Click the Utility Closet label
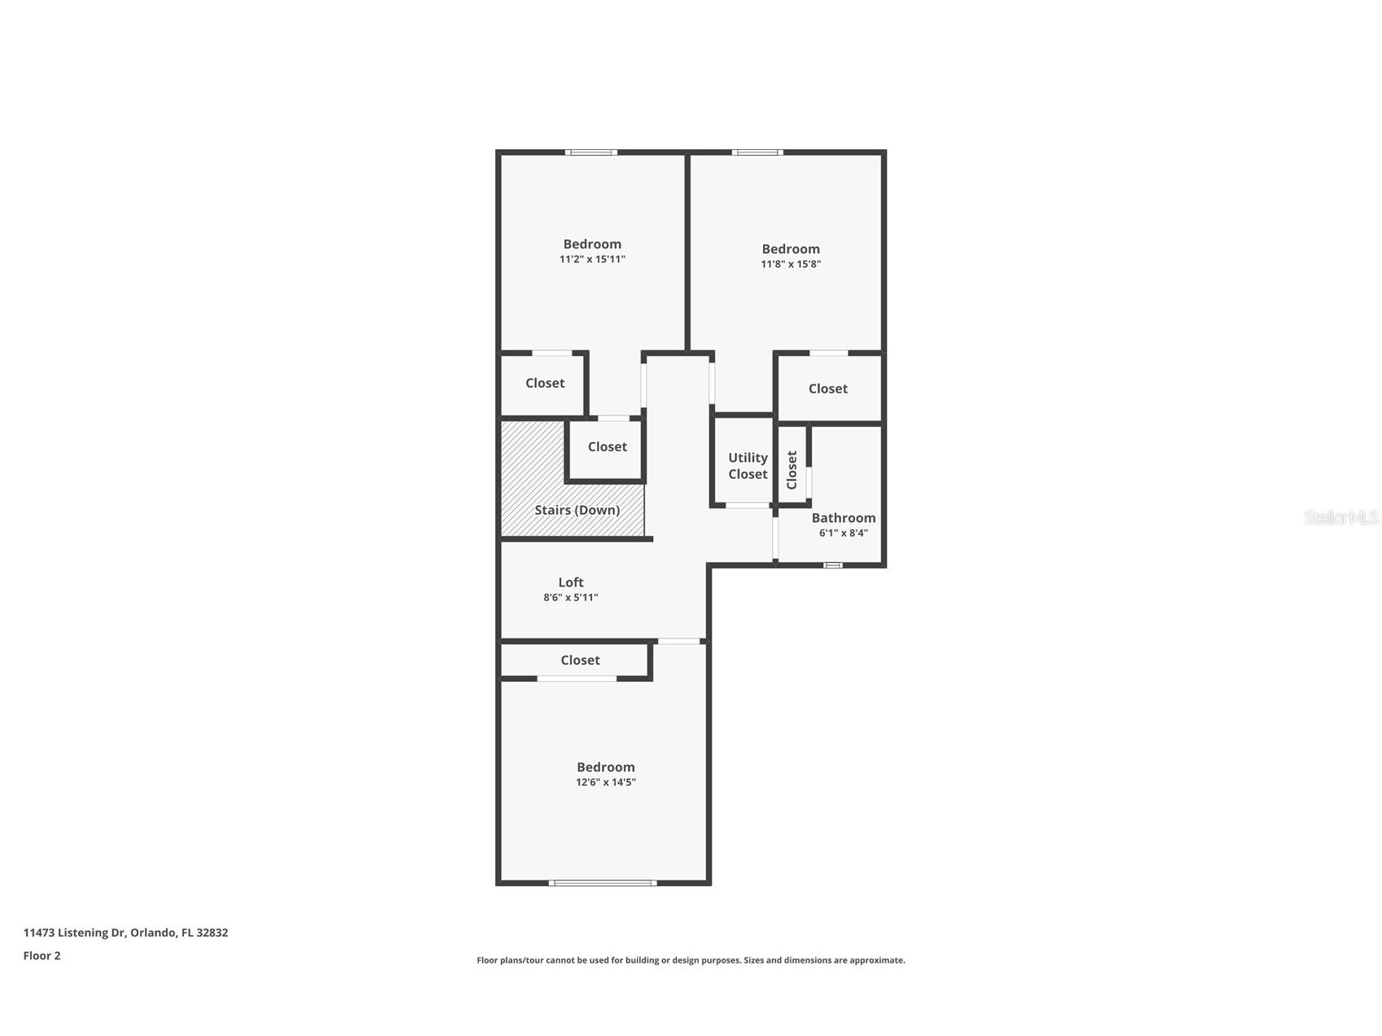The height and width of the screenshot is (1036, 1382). pos(748,466)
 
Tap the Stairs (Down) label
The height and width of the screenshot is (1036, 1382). pos(577,510)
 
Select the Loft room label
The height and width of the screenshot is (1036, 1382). pos(571,582)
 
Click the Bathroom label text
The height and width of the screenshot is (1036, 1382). pos(844,517)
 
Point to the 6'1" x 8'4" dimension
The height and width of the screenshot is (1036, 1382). pos(844,533)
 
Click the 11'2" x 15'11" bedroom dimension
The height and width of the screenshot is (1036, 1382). pos(592,259)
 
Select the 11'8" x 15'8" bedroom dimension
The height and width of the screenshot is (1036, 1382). pos(791,264)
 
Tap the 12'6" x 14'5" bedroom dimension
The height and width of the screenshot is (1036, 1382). pos(606,782)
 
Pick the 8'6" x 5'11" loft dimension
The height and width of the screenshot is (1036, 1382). pos(571,597)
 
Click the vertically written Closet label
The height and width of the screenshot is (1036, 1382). pos(792,470)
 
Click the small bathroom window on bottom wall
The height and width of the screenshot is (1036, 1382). pos(832,564)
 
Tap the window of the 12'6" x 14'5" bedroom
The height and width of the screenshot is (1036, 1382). pos(603,883)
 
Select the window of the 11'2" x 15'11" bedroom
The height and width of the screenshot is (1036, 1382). pos(591,152)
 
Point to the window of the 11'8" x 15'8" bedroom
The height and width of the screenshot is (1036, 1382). pos(757,152)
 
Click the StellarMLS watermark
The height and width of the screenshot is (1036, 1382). pos(1341,517)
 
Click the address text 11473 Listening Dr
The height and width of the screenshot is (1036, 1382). pos(74,933)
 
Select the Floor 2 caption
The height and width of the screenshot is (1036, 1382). pos(42,955)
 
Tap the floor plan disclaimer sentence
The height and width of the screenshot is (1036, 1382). pos(691,960)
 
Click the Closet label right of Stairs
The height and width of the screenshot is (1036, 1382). pos(608,446)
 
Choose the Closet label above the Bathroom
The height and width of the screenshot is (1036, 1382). pos(828,388)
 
